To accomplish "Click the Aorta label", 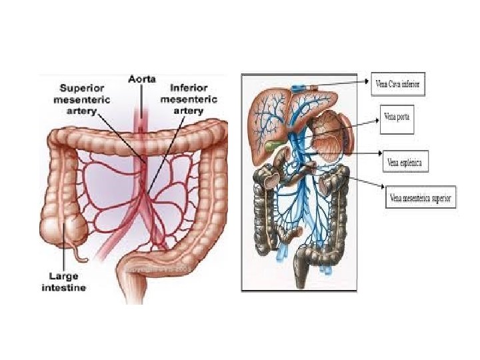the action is (x=142, y=79).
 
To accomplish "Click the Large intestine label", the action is (x=64, y=282).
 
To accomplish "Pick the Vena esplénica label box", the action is (x=403, y=162).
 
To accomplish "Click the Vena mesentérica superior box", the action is (x=420, y=198).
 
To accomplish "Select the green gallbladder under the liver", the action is (x=270, y=143).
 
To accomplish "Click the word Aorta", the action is (x=142, y=79).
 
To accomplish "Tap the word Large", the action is (x=63, y=276).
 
